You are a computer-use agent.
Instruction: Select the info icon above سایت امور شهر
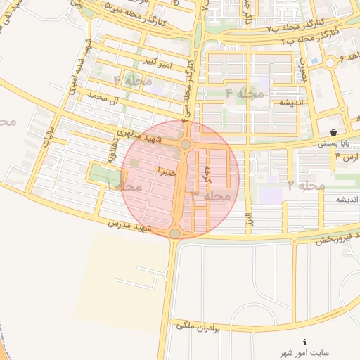tap(304, 342)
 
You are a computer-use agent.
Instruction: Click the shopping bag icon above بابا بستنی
tap(333, 132)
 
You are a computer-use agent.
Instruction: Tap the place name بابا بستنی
tap(333, 143)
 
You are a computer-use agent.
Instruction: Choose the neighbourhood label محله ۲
tap(307, 186)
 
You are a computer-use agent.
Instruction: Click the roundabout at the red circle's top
tap(186, 143)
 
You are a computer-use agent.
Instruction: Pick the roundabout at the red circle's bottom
tap(176, 233)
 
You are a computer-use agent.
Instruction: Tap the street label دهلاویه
tap(112, 148)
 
